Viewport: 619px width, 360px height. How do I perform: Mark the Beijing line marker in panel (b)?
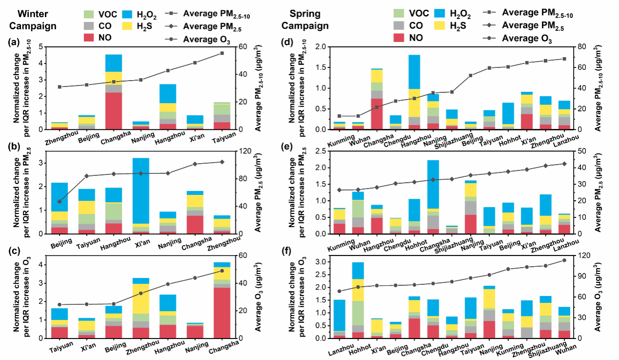coord(60,201)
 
